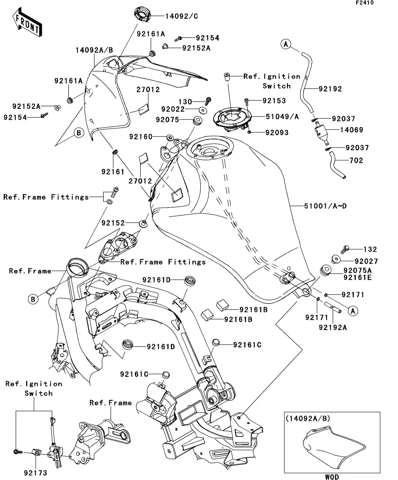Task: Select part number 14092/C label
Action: tap(181, 17)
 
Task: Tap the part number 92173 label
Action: tap(36, 472)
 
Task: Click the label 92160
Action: tap(141, 137)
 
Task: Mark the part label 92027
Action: tap(365, 262)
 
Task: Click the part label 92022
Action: tap(185, 109)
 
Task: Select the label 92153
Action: tap(274, 101)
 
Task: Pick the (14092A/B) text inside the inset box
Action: tap(308, 419)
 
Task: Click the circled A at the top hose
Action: tap(285, 44)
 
